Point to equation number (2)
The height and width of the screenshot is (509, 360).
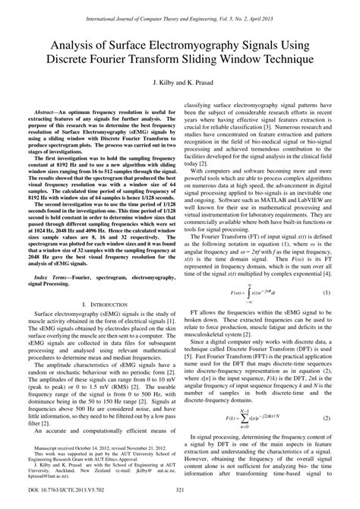coord(327,440)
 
